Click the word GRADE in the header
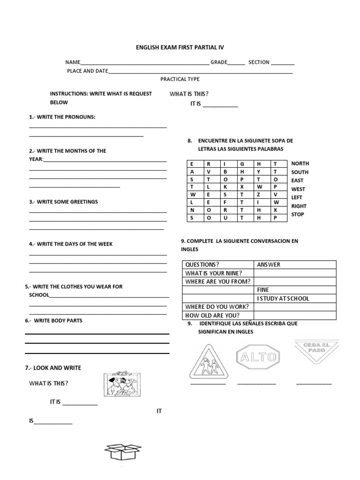[218, 62]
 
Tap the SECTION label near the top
[259, 62]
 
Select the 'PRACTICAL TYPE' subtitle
[180, 79]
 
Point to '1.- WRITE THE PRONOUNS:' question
[62, 117]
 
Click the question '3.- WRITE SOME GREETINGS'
[63, 202]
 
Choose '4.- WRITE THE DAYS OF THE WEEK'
[71, 244]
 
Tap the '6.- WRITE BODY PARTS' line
[54, 321]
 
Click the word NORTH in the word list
[300, 164]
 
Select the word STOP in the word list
[298, 214]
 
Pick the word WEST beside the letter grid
[298, 189]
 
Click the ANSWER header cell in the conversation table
[269, 264]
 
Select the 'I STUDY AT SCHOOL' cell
[283, 298]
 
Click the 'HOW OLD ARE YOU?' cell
[212, 315]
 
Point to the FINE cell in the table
[263, 290]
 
